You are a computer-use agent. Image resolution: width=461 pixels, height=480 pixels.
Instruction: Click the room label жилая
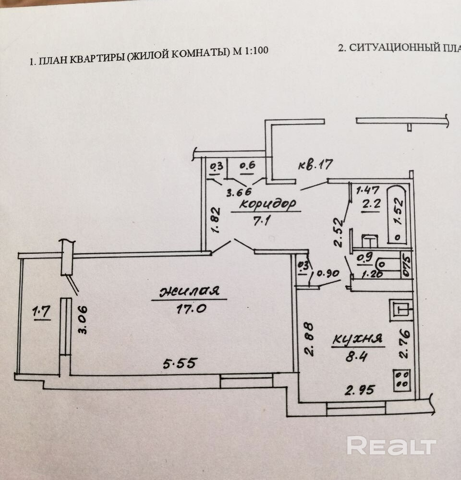click(x=189, y=291)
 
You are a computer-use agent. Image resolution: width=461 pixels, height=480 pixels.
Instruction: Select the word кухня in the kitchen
click(x=358, y=339)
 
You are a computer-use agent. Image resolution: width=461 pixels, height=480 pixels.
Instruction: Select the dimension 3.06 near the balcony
click(x=83, y=320)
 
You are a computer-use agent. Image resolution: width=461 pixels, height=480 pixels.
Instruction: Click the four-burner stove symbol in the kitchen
click(x=402, y=380)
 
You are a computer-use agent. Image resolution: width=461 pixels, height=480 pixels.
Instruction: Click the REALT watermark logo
click(x=391, y=446)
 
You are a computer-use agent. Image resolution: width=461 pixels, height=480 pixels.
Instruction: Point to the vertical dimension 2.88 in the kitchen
click(x=309, y=340)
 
